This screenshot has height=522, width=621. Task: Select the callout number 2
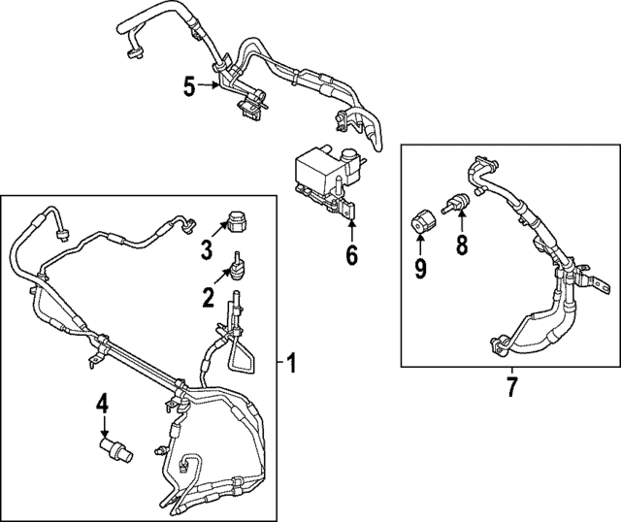click(208, 297)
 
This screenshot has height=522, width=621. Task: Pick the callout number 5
click(189, 87)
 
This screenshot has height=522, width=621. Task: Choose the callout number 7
click(510, 387)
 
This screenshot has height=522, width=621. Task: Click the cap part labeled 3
click(236, 220)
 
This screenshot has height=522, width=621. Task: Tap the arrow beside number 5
click(213, 87)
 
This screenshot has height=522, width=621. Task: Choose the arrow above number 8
click(461, 218)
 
